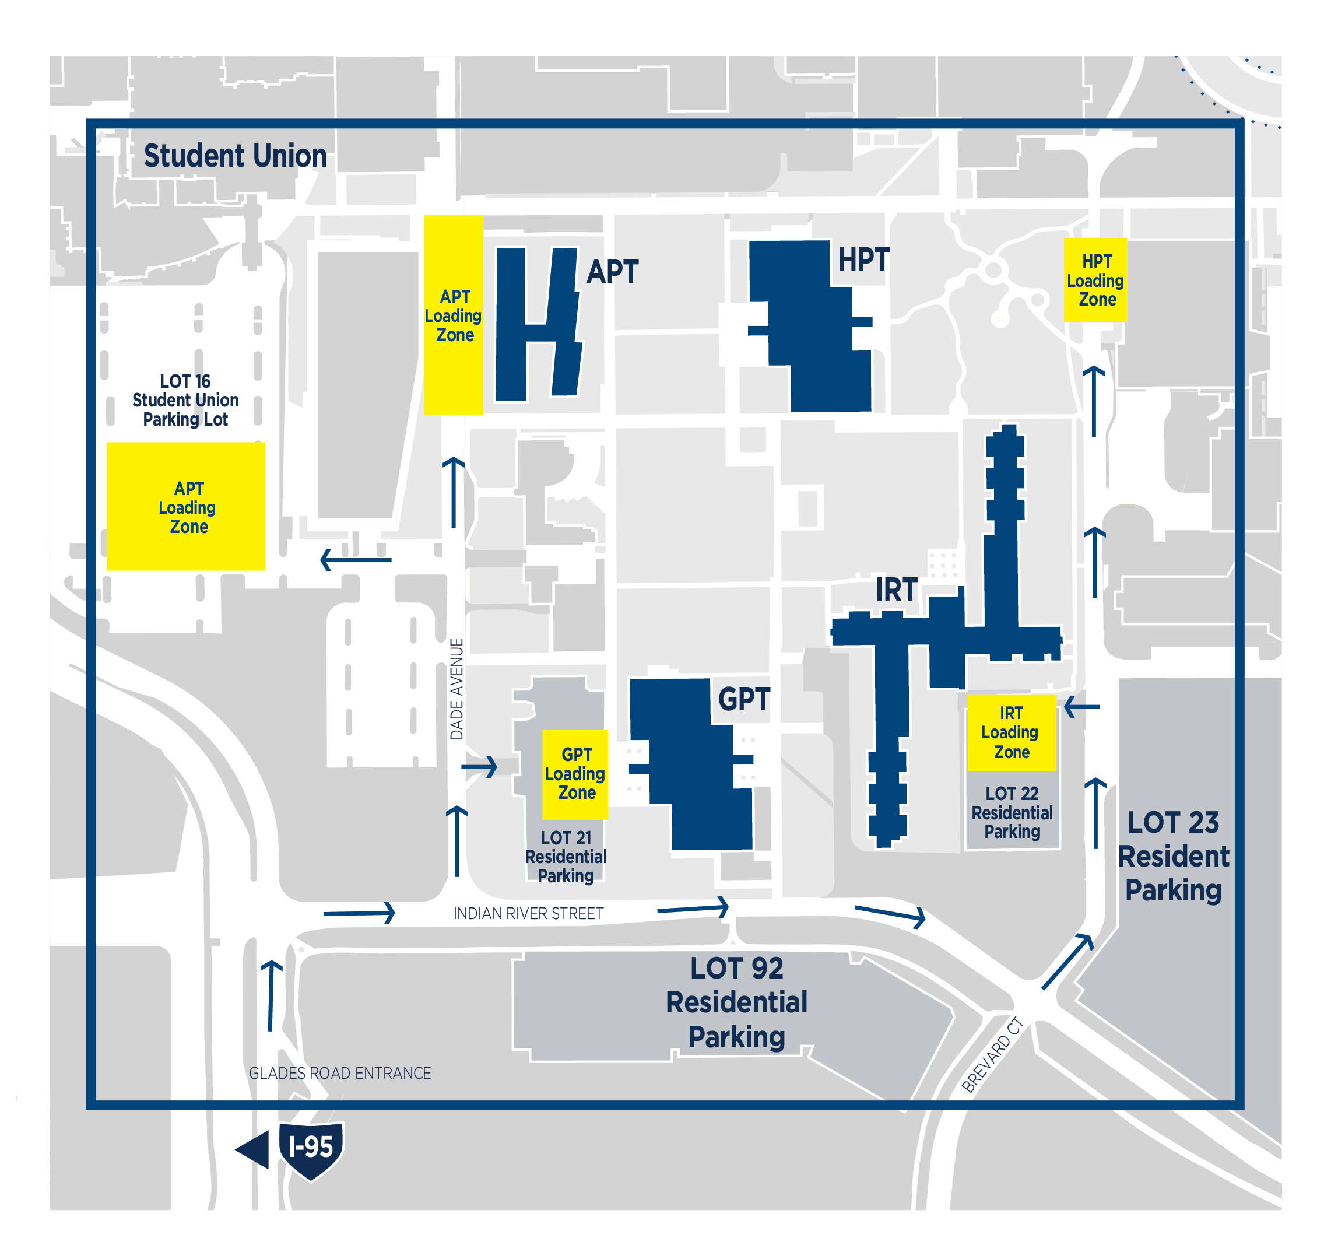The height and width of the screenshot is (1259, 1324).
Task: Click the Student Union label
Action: pos(235,156)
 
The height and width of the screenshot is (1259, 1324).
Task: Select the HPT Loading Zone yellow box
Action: pos(1095,280)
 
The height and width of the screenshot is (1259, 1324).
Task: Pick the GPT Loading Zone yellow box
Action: pos(575,774)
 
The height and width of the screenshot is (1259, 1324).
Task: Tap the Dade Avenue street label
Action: pos(456,689)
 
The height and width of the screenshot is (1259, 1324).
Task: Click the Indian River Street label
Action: pos(529,913)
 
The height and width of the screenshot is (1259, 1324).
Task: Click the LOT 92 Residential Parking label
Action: pos(737,1002)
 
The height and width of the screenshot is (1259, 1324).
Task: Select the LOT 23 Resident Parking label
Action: pos(1173,855)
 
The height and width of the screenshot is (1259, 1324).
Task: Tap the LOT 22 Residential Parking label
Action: pos(1012,813)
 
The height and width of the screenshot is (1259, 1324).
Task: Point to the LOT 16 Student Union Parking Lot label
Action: pos(185,400)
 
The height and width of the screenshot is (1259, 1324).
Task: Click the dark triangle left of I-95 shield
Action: pos(254,1149)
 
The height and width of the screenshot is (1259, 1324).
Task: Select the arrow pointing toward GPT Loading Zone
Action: pos(479,766)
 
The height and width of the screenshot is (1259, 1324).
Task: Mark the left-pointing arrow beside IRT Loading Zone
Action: pos(1081,707)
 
